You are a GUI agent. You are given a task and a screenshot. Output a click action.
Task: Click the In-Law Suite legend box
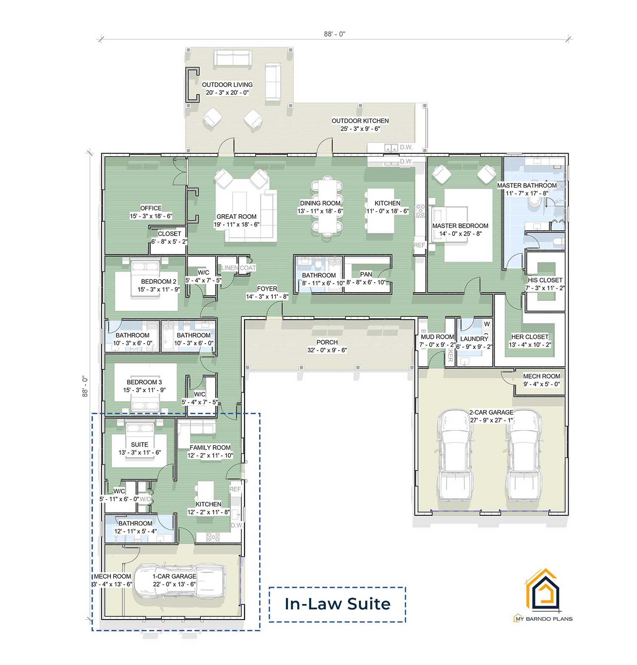pyautogui.click(x=337, y=604)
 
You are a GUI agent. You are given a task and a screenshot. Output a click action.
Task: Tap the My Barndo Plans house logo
pyautogui.click(x=542, y=590)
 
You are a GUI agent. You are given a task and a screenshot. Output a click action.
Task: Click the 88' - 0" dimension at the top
pyautogui.click(x=335, y=34)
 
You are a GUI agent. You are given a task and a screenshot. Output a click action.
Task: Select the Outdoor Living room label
pyautogui.click(x=227, y=85)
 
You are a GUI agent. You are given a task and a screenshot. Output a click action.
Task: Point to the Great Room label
pyautogui.click(x=237, y=216)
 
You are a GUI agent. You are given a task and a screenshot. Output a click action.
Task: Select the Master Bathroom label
pyautogui.click(x=527, y=185)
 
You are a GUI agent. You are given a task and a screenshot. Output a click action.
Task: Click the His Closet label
pyautogui.click(x=545, y=280)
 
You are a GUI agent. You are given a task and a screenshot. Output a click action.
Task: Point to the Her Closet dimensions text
pyautogui.click(x=530, y=345)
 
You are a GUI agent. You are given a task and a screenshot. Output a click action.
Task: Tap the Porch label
pyautogui.click(x=327, y=342)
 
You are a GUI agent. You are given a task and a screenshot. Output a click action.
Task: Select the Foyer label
pyautogui.click(x=267, y=288)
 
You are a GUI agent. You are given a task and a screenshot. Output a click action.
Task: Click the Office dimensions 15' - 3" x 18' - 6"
pyautogui.click(x=151, y=216)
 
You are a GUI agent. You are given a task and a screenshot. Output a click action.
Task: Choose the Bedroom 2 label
pyautogui.click(x=158, y=282)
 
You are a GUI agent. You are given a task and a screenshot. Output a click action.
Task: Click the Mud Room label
pyautogui.click(x=437, y=337)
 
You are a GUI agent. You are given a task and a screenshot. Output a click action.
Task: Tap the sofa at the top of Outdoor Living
pyautogui.click(x=233, y=58)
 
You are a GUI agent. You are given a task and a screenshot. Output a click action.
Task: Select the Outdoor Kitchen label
pyautogui.click(x=360, y=121)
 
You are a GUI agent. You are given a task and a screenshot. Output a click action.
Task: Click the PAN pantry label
pyautogui.click(x=366, y=274)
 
